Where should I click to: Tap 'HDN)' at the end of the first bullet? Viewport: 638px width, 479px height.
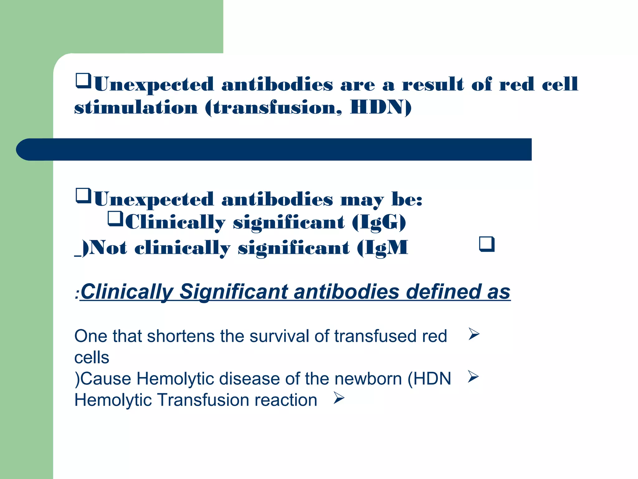click(x=381, y=108)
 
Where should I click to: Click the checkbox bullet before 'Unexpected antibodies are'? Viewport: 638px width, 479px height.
click(x=83, y=81)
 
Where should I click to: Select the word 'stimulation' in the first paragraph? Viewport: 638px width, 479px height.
click(x=136, y=108)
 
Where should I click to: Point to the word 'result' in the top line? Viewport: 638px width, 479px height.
click(x=433, y=85)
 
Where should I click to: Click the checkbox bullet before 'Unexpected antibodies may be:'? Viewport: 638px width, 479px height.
click(x=83, y=196)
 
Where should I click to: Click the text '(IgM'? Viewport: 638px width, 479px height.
click(x=383, y=249)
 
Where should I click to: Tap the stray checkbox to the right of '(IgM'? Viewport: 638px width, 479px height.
click(x=487, y=244)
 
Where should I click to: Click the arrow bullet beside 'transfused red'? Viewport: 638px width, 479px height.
click(x=474, y=334)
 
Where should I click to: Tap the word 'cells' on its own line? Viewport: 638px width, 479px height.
click(x=92, y=358)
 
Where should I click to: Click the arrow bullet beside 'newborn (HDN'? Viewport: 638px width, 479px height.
click(x=473, y=377)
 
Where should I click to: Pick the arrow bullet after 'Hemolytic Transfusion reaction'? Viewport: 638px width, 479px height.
click(x=339, y=398)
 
